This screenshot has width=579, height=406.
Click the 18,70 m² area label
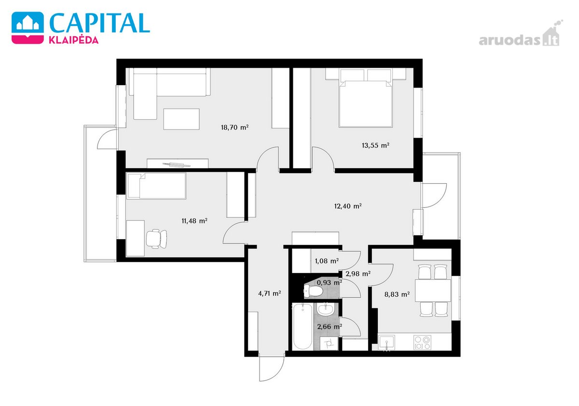coord(234,128)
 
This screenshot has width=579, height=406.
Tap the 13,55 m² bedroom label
coord(375,145)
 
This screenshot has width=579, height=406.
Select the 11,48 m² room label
coord(194,221)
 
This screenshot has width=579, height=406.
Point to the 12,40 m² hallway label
coord(348,206)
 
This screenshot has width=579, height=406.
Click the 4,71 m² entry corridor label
coord(270,293)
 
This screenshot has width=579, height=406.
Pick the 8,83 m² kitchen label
coord(397,294)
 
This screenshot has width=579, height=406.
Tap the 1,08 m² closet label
coord(327,261)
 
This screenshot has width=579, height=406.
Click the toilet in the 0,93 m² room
coord(313,291)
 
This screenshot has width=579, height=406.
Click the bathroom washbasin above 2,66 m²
coord(326,310)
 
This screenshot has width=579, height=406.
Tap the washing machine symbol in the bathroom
coord(329,344)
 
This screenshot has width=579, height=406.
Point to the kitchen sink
coord(386,343)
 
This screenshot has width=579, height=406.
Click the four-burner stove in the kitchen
coord(422,343)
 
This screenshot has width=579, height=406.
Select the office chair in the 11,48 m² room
coord(156,239)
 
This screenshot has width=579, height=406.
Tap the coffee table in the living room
coord(181,119)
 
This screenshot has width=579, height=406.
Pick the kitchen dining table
coord(433,290)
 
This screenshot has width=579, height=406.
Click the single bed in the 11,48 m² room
coord(157,186)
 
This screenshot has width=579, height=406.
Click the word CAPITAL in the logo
coord(99,23)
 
